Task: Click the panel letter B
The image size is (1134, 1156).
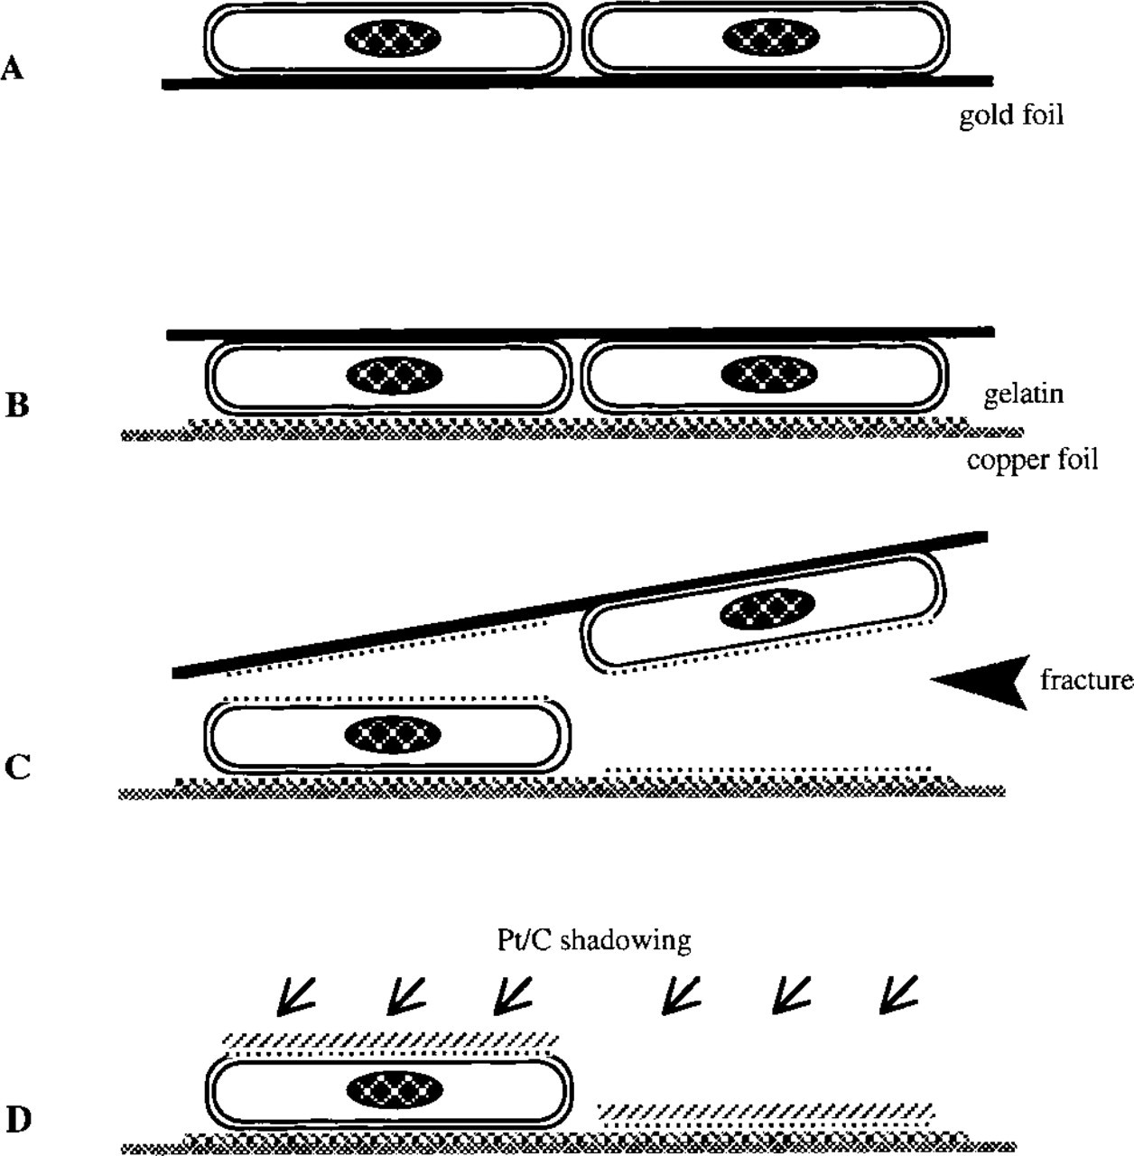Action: (17, 405)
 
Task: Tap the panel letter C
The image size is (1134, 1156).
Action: (17, 767)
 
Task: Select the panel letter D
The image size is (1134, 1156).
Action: (19, 1119)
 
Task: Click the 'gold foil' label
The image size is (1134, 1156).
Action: (1011, 115)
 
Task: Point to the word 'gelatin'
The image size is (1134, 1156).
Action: (1024, 394)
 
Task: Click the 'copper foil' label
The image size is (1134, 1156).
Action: (1033, 460)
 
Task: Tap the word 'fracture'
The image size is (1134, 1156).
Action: (1087, 680)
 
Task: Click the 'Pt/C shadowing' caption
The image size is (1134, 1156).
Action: (594, 940)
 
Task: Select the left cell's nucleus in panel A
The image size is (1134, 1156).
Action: (393, 39)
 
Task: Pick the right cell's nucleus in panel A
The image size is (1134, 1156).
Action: (770, 39)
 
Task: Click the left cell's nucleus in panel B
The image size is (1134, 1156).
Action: (395, 375)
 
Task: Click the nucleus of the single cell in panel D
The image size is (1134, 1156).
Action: (395, 1089)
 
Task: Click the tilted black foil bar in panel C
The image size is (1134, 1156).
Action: (580, 604)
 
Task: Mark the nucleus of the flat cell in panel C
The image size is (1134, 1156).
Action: (393, 734)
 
